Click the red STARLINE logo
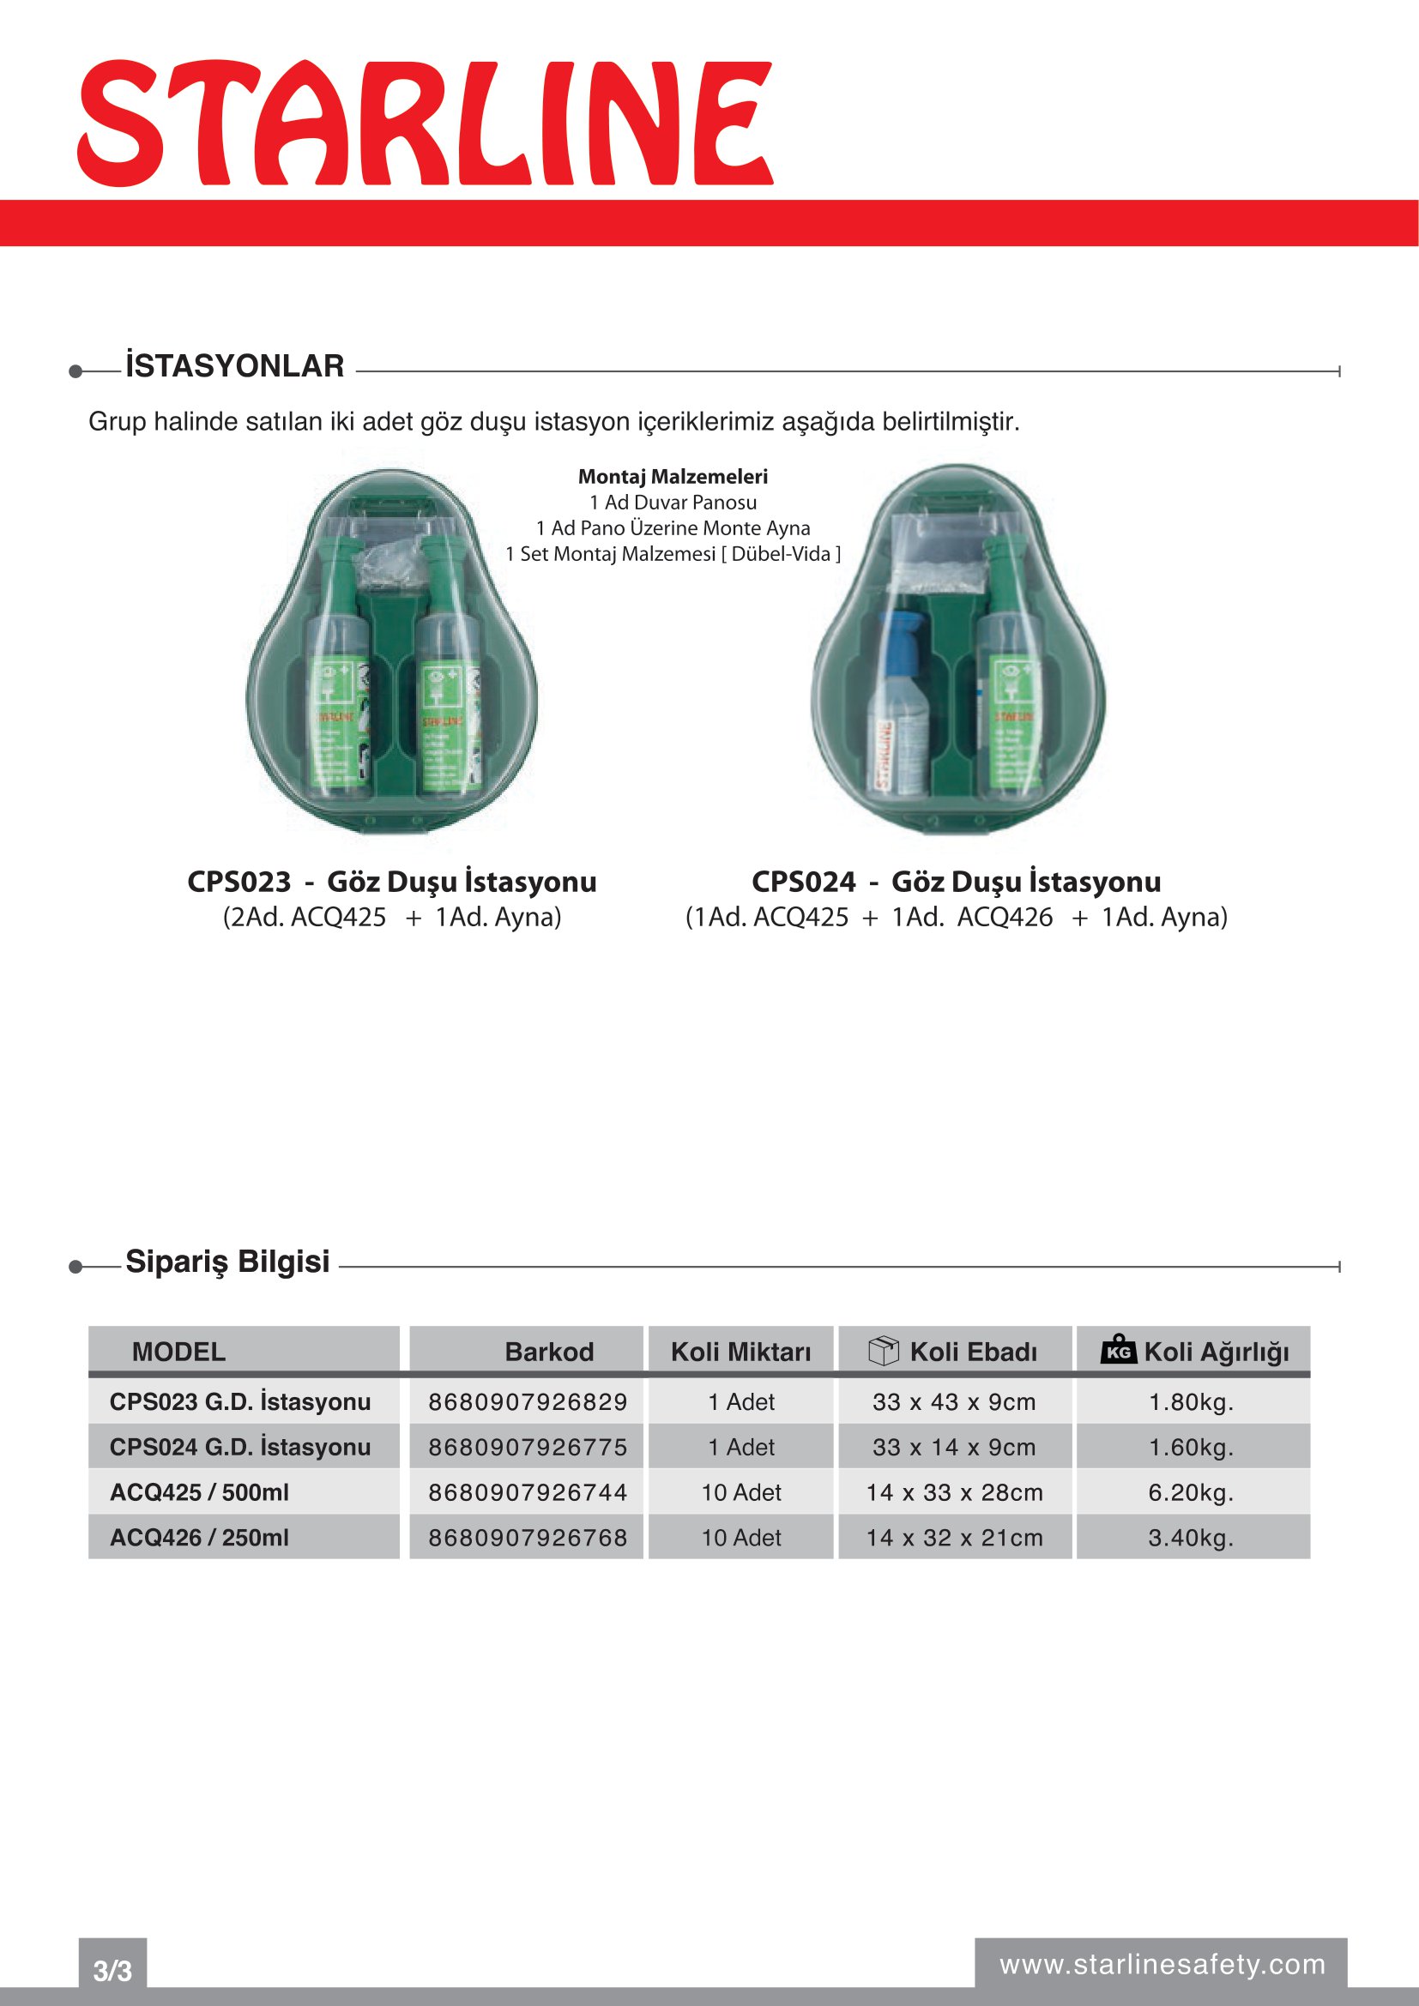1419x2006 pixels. point(426,123)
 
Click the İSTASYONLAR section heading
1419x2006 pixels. point(234,366)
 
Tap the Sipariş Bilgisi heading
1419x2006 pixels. point(227,1262)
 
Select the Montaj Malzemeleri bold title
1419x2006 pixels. point(673,477)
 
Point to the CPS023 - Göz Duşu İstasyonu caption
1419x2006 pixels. point(391,882)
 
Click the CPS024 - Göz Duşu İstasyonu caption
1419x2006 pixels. point(956,882)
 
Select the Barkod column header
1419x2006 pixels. point(549,1352)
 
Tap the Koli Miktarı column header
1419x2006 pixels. point(741,1352)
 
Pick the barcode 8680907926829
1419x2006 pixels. point(528,1401)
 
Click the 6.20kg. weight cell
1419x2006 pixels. point(1191,1492)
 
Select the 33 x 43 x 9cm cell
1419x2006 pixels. point(954,1401)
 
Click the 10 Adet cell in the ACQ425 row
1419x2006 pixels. point(741,1492)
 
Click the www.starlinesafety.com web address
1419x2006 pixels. point(1162,1964)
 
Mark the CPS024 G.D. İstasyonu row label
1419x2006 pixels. point(240,1447)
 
